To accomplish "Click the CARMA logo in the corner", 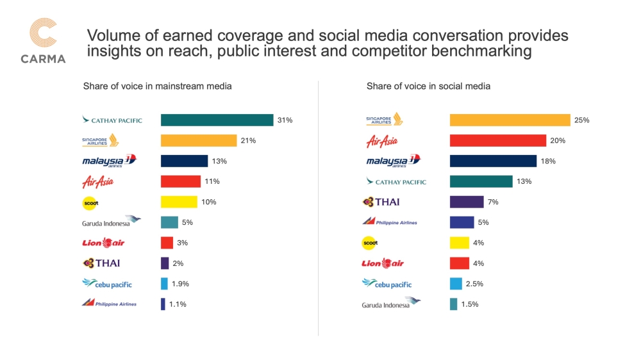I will (x=44, y=41).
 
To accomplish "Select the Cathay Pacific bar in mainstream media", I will (x=217, y=120).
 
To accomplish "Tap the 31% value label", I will (x=285, y=120).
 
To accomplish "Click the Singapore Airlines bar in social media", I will (x=510, y=120).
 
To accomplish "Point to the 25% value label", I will (x=582, y=120).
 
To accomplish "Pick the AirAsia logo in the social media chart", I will (x=384, y=141).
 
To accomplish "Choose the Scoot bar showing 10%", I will (x=179, y=202).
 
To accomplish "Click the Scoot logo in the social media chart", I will (x=370, y=243).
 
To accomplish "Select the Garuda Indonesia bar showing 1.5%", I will (x=453, y=304).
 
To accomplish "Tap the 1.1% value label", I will (x=178, y=304).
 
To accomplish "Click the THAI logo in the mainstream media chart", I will (x=101, y=263).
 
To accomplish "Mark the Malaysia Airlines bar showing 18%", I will (x=493, y=161).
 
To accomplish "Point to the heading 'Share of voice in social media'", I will (x=428, y=86).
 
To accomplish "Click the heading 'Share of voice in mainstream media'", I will (x=157, y=86).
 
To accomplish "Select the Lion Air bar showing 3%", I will (x=167, y=243).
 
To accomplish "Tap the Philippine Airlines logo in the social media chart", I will (x=389, y=222).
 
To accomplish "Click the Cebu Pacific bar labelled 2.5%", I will (x=456, y=284).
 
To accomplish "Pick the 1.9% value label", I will (x=181, y=284).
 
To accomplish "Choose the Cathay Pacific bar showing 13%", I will (x=481, y=181).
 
